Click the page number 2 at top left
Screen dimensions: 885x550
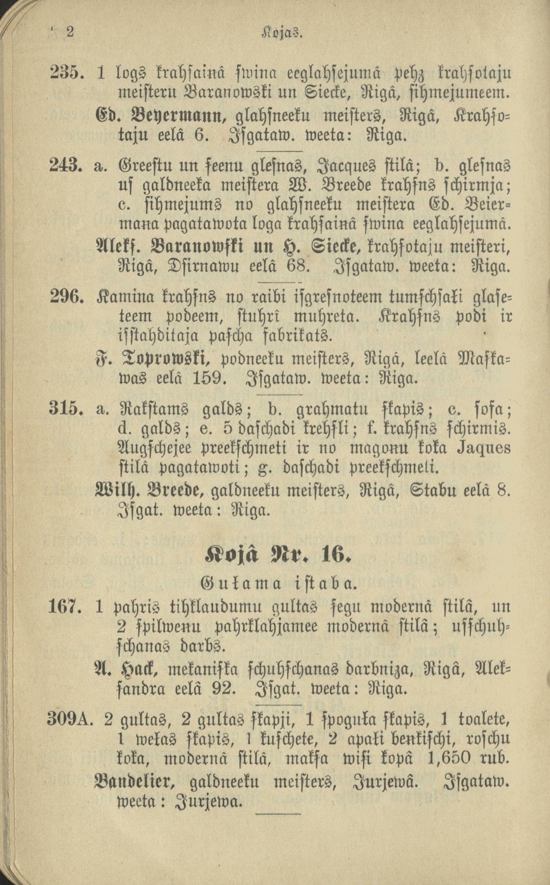pyautogui.click(x=69, y=33)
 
